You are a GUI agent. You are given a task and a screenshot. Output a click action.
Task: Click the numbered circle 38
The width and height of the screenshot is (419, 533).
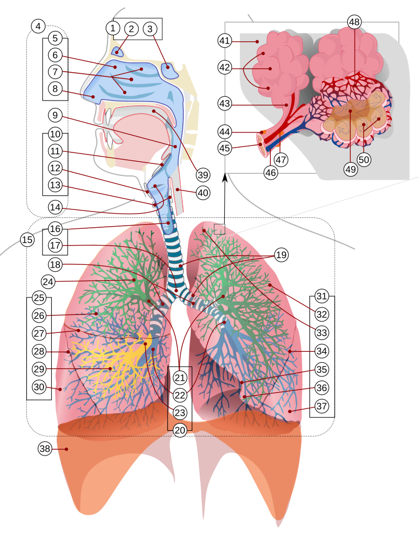pos(46,449)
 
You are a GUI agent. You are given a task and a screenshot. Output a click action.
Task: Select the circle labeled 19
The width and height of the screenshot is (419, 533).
pos(281,255)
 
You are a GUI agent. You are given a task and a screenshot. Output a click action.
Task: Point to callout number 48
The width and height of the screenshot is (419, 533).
pos(355,22)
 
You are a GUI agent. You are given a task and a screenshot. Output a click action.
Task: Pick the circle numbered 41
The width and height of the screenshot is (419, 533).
pos(225,40)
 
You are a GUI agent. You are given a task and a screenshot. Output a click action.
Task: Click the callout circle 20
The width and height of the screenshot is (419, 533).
pos(180,430)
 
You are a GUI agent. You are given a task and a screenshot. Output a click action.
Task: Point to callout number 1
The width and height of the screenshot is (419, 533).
pos(112,28)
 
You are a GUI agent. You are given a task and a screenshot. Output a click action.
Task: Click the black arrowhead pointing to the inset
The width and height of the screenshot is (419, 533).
pos(225,179)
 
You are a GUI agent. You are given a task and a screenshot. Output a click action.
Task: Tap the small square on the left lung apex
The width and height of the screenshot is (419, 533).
pos(219,229)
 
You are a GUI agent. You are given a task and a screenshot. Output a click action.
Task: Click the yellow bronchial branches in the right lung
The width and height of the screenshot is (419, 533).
pos(113,361)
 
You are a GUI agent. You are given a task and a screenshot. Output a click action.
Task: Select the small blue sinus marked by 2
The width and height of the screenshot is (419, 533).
pos(118,51)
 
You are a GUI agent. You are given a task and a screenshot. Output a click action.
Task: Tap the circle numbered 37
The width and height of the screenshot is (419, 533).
pos(322,406)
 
